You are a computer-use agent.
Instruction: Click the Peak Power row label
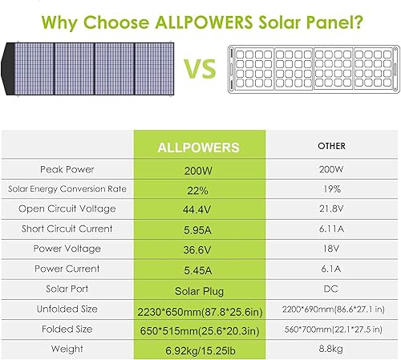tap(68, 169)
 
